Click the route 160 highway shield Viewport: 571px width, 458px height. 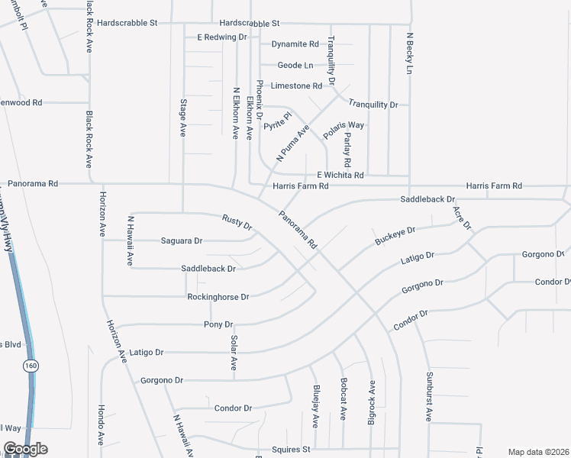pos(30,366)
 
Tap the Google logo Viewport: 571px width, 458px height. pos(25,449)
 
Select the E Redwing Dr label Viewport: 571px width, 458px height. pos(222,37)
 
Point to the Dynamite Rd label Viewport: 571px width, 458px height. pos(295,44)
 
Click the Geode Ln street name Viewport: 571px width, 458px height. pos(295,66)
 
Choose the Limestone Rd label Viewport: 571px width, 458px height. pos(297,86)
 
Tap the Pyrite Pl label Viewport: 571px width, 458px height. pos(278,121)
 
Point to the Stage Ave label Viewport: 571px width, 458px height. pos(183,118)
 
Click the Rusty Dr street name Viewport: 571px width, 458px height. pos(237,223)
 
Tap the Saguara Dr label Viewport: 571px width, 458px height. pos(182,241)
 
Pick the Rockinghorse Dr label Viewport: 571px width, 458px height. pos(218,297)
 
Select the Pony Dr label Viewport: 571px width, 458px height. pos(213,324)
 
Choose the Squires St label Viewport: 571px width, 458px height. pos(291,450)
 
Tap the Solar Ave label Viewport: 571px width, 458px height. pos(233,353)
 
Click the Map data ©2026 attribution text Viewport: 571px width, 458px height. pos(538,452)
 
